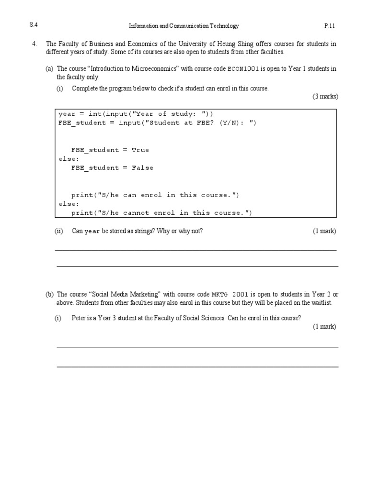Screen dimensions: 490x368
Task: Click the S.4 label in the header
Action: (x=34, y=26)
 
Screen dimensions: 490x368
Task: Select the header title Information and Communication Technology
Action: (x=184, y=26)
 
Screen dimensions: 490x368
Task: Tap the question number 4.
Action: (x=34, y=44)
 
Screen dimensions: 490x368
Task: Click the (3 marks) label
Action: (x=325, y=97)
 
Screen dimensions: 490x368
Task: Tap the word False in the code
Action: (x=142, y=168)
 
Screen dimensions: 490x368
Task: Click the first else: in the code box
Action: (x=69, y=159)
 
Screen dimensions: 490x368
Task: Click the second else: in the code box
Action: (x=69, y=204)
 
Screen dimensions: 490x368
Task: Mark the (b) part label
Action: (x=49, y=295)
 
